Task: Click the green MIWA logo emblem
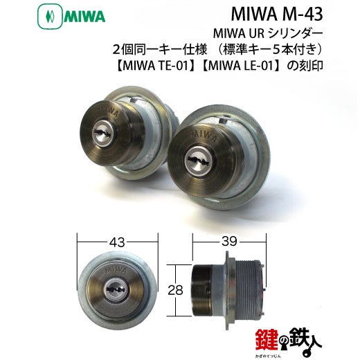coord(50,17)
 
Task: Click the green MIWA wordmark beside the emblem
coord(84,17)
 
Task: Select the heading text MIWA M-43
coord(277,15)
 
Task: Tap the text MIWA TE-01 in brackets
coord(154,66)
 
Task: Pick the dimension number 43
coord(117,242)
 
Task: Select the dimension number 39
coord(229,242)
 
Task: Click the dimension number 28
coord(175,290)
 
